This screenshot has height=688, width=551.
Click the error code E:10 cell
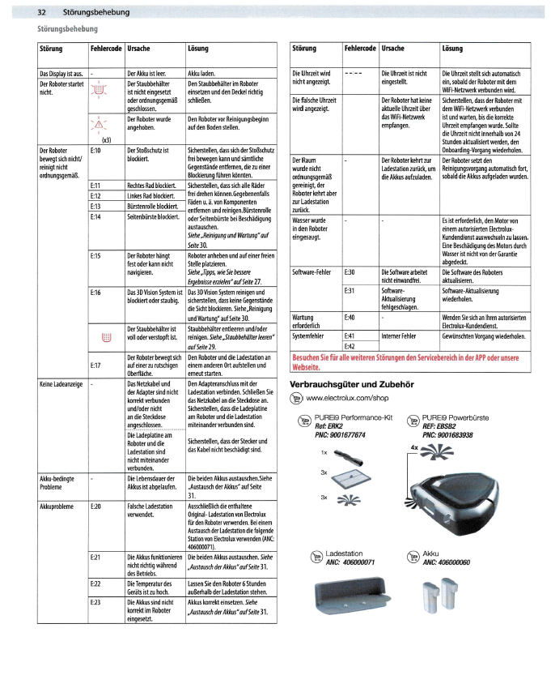[x=97, y=151]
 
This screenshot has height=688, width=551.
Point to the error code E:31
[x=350, y=289]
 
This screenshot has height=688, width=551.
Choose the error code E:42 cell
[x=350, y=347]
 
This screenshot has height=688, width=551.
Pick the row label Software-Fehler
[x=313, y=273]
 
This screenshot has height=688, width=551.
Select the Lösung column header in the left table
[x=197, y=49]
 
